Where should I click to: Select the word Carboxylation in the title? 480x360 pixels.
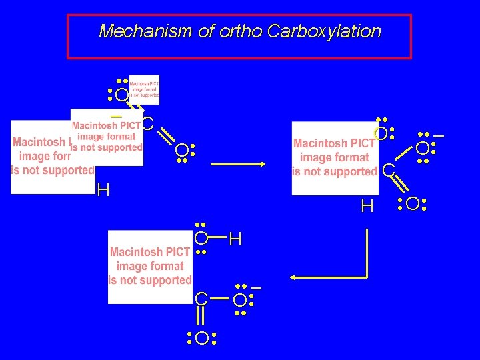click(x=325, y=31)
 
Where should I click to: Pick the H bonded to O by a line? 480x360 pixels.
click(x=235, y=239)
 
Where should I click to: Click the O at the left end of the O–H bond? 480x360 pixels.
click(x=201, y=238)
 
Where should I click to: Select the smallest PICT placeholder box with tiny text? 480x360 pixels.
click(x=144, y=89)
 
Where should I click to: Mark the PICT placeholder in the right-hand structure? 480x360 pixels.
click(x=334, y=158)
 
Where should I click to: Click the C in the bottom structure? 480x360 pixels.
click(x=201, y=299)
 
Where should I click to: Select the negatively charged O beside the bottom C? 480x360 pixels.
click(x=240, y=299)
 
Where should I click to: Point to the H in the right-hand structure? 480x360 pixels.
click(x=367, y=207)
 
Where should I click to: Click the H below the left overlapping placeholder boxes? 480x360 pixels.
click(x=103, y=191)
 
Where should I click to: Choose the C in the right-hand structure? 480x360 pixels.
click(x=388, y=171)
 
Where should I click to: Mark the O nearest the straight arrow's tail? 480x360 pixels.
click(x=182, y=153)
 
